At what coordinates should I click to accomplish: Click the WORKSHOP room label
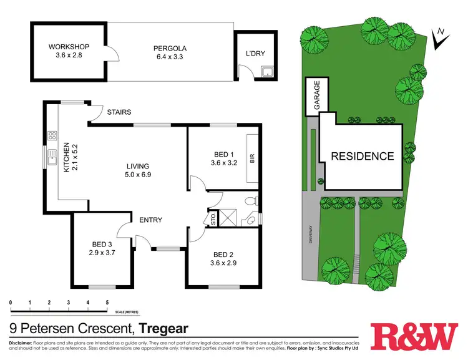[x=70, y=47]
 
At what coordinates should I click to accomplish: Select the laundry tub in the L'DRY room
[x=268, y=71]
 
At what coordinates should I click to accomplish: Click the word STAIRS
[x=119, y=113]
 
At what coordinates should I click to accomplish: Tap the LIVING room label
[x=137, y=166]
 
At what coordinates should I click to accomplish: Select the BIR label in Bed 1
[x=253, y=158]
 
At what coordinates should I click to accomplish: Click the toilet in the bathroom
[x=250, y=201]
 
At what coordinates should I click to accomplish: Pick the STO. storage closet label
[x=213, y=219]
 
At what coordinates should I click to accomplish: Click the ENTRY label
[x=150, y=220]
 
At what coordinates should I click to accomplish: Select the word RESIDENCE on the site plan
[x=362, y=156]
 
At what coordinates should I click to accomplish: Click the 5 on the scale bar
[x=107, y=303]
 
